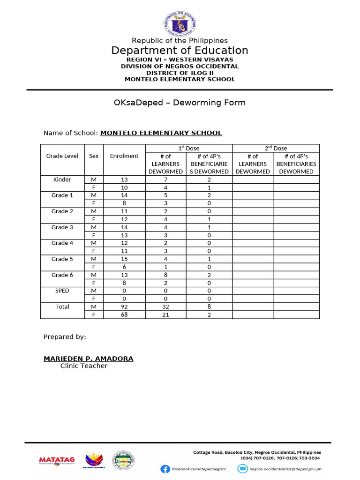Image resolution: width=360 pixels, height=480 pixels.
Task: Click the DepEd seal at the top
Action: [180, 23]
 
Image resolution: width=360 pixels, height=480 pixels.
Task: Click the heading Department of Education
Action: [180, 51]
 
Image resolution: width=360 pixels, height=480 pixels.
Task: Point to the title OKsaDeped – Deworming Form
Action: [180, 103]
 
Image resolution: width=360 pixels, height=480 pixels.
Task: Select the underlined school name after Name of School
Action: [161, 133]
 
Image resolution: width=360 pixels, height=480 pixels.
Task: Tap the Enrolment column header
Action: [124, 156]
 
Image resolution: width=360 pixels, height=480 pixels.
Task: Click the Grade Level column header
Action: [62, 156]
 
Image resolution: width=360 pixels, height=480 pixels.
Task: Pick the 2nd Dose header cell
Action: [276, 148]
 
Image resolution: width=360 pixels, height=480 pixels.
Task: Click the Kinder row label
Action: [62, 180]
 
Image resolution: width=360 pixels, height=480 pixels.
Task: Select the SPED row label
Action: [62, 291]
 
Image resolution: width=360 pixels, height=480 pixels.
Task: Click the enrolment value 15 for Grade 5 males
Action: [124, 259]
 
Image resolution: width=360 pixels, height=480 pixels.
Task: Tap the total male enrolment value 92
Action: [124, 307]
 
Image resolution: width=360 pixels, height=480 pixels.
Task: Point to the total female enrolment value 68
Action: [124, 315]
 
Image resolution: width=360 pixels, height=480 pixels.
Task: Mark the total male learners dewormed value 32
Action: [165, 307]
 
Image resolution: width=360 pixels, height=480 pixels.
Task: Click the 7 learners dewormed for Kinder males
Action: [165, 180]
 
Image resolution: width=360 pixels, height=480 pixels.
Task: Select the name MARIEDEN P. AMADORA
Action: [88, 359]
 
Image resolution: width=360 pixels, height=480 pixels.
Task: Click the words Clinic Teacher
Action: [83, 366]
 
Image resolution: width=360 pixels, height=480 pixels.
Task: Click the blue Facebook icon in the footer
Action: [165, 469]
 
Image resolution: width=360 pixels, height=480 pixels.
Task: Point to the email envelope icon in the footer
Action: [242, 469]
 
